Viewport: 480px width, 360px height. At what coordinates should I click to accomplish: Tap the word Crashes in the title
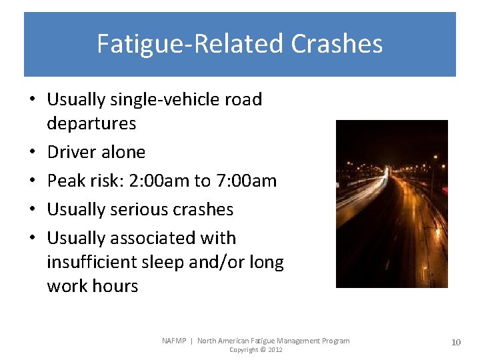click(337, 44)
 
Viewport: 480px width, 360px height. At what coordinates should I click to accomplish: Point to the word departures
click(91, 123)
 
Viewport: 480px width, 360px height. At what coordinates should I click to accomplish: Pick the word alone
click(123, 152)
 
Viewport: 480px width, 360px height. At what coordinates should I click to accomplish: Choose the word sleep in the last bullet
click(167, 262)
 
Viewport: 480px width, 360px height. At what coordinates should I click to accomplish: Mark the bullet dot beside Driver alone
click(32, 153)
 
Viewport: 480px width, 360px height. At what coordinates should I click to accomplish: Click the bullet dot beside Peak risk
click(32, 181)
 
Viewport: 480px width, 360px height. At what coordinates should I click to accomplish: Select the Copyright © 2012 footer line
click(256, 350)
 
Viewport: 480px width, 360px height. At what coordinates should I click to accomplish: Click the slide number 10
click(456, 342)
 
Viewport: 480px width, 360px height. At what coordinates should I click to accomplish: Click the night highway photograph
click(391, 204)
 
